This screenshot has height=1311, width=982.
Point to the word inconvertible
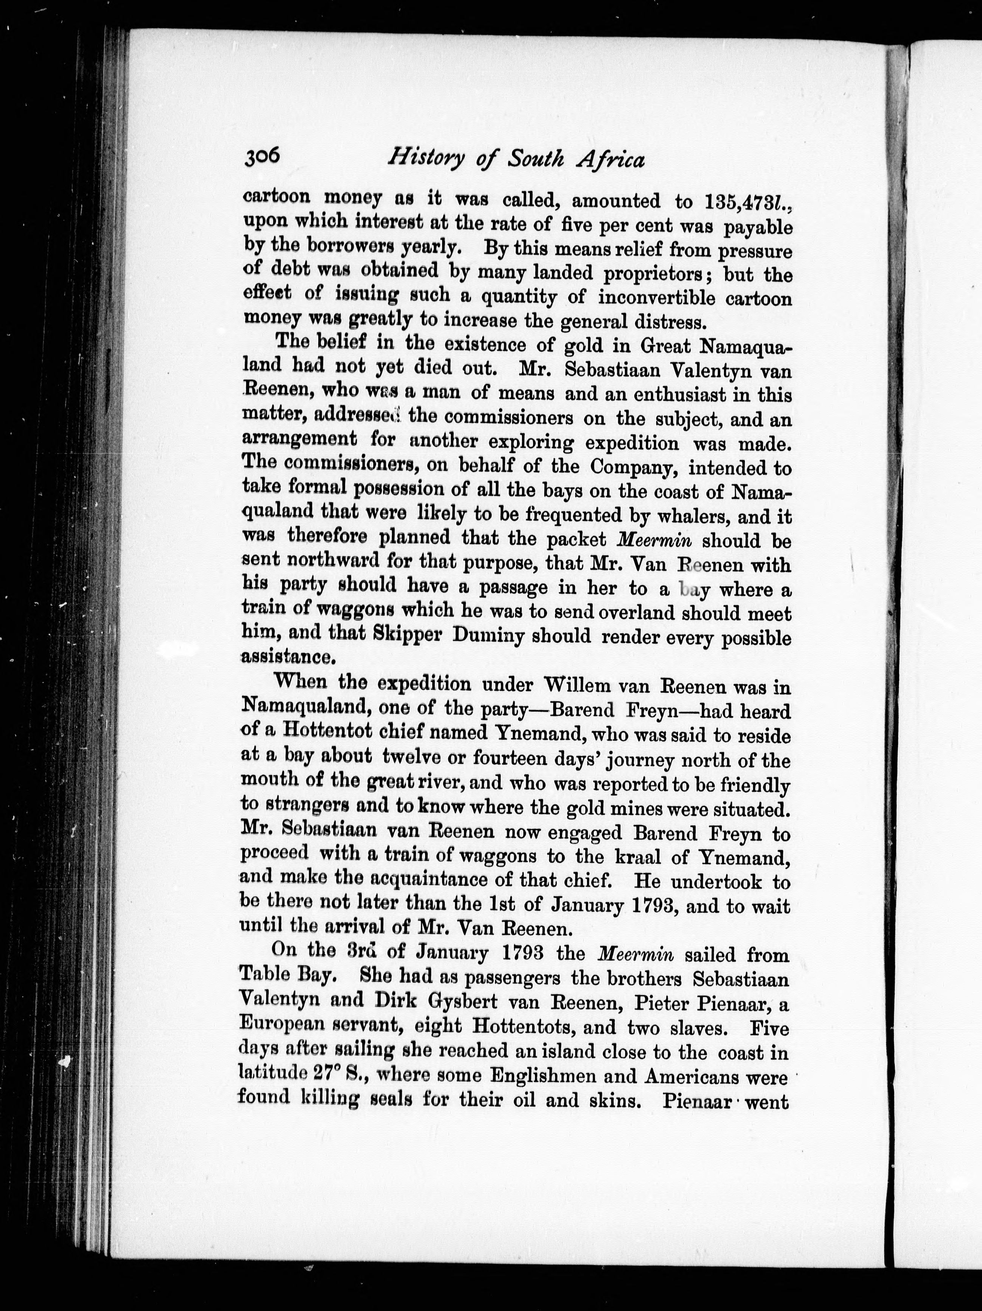[x=657, y=298]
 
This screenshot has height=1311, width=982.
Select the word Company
[x=633, y=468]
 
